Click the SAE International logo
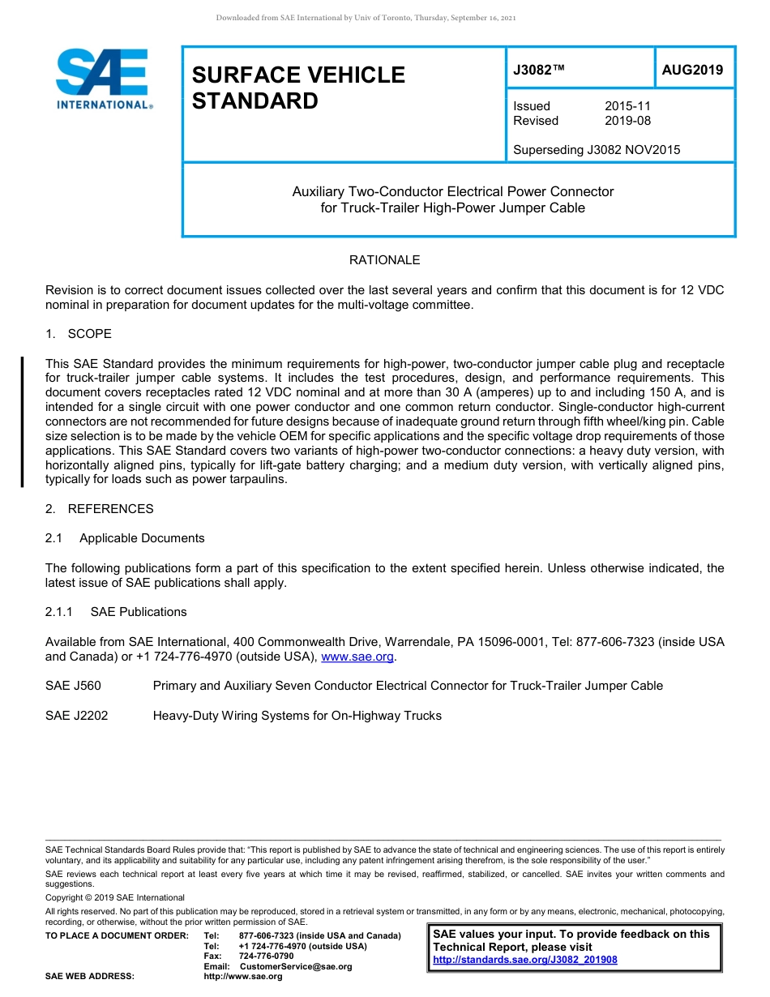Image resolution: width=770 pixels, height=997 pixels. pos(103,79)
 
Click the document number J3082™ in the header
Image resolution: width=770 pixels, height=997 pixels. pos(538,70)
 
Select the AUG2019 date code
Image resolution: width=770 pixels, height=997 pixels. pos(692,70)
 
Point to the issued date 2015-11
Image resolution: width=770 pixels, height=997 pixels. pos(627,106)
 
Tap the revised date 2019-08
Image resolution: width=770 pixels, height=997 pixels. pos(627,121)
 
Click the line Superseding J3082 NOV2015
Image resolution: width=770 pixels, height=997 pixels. pos(597,149)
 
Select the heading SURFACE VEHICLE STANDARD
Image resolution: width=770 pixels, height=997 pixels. pos(298,88)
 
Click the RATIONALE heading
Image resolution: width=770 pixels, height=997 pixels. pos(384,260)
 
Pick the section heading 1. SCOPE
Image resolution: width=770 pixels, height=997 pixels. pos(79,334)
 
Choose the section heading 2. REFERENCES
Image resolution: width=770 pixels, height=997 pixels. pos(99,509)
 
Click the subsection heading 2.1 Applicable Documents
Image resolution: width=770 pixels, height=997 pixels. pos(125,538)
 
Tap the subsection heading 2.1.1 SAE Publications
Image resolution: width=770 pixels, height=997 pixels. pos(116,612)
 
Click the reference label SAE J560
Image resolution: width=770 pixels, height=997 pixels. pos(73,686)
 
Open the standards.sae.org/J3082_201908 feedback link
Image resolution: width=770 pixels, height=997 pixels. pos(525,960)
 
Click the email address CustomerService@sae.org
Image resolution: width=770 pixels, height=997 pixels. pos(296,966)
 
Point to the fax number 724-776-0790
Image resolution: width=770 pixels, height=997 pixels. pos(267,956)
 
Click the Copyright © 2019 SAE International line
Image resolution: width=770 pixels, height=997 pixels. pos(115,897)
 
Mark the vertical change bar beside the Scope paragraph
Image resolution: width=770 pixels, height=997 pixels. pos(22,421)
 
